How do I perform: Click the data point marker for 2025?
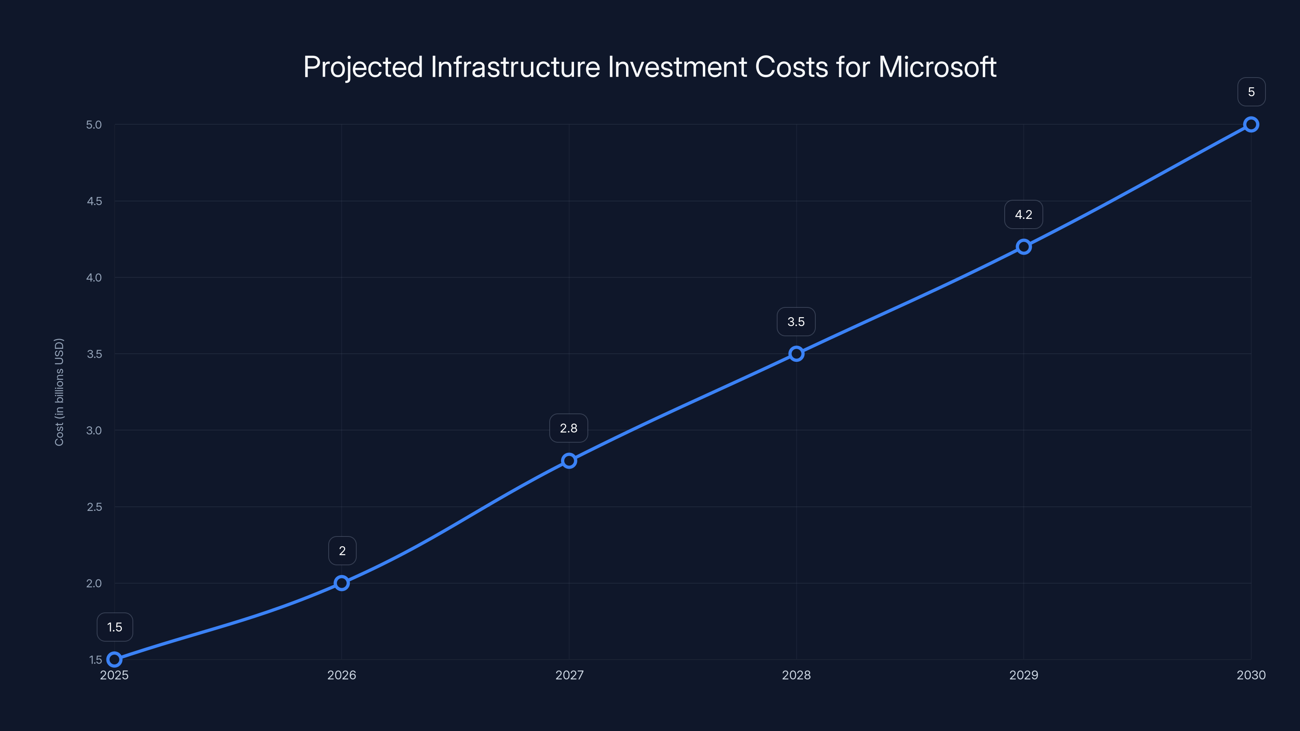115,660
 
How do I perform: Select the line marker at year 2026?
342,583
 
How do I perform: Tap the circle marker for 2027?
569,461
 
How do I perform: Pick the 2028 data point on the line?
796,354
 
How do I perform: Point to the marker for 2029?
1023,247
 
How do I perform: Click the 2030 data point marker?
1251,124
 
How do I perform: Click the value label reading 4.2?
1023,214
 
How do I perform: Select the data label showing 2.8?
569,428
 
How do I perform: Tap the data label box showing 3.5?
796,322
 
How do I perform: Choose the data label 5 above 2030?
1251,92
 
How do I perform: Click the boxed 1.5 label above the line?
115,627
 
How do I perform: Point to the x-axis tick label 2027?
569,675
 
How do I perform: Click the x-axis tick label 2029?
1023,675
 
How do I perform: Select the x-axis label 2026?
342,675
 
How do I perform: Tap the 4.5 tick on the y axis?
94,201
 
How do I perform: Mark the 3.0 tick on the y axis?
94,430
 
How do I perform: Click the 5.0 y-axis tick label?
94,125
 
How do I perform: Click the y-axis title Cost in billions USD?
59,392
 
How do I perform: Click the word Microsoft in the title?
937,67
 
